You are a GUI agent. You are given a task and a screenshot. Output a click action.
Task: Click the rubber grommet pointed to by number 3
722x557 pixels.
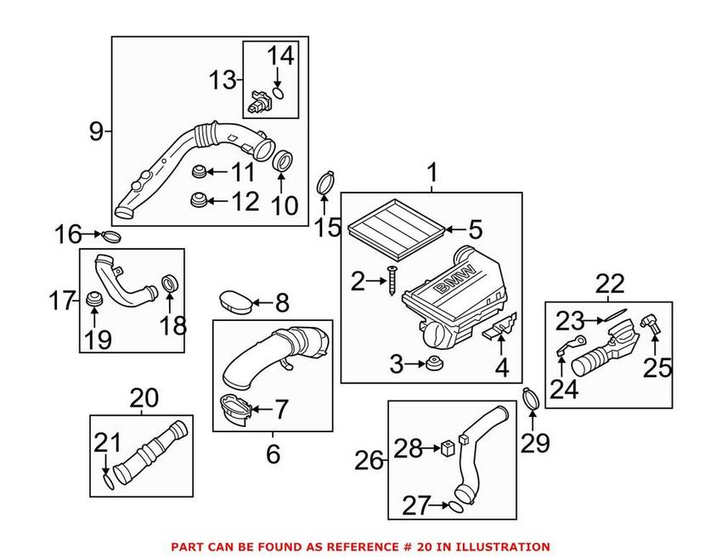point(435,365)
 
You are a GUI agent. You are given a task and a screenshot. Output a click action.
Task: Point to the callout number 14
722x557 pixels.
point(280,57)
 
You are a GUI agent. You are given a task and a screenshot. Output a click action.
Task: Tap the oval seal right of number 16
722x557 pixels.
point(113,235)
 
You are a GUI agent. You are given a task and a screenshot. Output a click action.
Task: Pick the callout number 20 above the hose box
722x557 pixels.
point(144,397)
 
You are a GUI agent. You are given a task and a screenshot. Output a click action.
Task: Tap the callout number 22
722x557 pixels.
point(609,283)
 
